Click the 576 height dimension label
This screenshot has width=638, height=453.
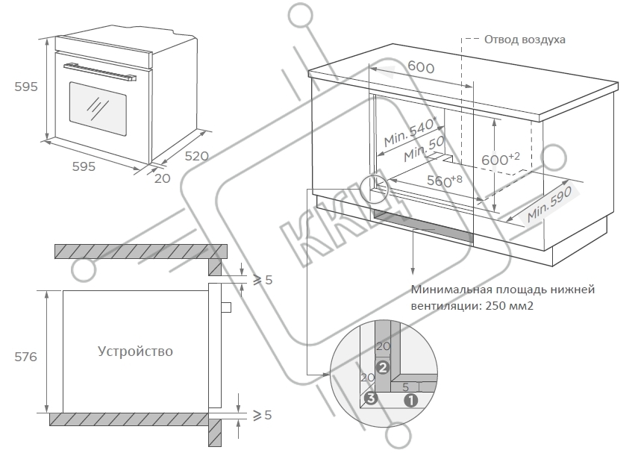pyautogui.click(x=25, y=357)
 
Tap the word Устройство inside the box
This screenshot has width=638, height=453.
pyautogui.click(x=135, y=351)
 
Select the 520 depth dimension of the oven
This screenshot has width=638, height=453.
pyautogui.click(x=196, y=156)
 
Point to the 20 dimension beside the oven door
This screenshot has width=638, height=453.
pyautogui.click(x=162, y=178)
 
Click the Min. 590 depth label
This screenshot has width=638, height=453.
pyautogui.click(x=549, y=204)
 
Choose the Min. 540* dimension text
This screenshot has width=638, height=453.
pyautogui.click(x=410, y=132)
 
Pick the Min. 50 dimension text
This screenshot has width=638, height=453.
pyautogui.click(x=425, y=149)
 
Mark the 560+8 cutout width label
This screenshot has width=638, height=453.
pyautogui.click(x=444, y=180)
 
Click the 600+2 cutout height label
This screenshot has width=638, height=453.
pyautogui.click(x=501, y=159)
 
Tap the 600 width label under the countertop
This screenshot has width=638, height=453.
pyautogui.click(x=421, y=66)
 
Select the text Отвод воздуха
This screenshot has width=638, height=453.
pyautogui.click(x=525, y=40)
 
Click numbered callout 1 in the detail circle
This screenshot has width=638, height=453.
pyautogui.click(x=410, y=401)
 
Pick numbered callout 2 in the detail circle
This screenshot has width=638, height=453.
pyautogui.click(x=383, y=367)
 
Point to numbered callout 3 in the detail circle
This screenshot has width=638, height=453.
pyautogui.click(x=370, y=398)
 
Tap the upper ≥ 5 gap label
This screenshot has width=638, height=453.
pyautogui.click(x=263, y=280)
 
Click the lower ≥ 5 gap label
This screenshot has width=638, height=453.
pyautogui.click(x=262, y=415)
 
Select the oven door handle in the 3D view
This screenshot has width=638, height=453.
pyautogui.click(x=100, y=72)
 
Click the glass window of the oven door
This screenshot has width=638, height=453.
pyautogui.click(x=98, y=110)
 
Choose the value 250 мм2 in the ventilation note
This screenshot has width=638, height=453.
pyautogui.click(x=509, y=306)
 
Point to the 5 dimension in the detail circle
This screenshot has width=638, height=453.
pyautogui.click(x=405, y=387)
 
